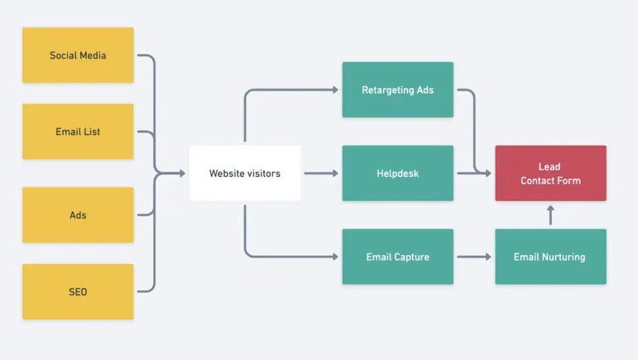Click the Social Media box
click(x=78, y=55)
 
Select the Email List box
click(x=78, y=132)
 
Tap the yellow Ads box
click(x=78, y=215)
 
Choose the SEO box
click(x=78, y=291)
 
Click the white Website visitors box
click(x=245, y=173)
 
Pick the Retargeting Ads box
click(x=398, y=90)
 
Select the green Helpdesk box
click(x=398, y=173)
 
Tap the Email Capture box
click(x=398, y=257)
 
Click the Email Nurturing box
click(x=550, y=257)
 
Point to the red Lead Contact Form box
click(x=550, y=173)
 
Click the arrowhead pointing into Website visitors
click(x=181, y=173)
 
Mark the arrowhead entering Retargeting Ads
click(x=335, y=90)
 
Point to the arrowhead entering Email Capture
click(x=335, y=257)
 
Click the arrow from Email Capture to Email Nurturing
click(x=474, y=257)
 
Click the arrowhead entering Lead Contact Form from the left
click(x=488, y=173)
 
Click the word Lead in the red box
click(x=549, y=167)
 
